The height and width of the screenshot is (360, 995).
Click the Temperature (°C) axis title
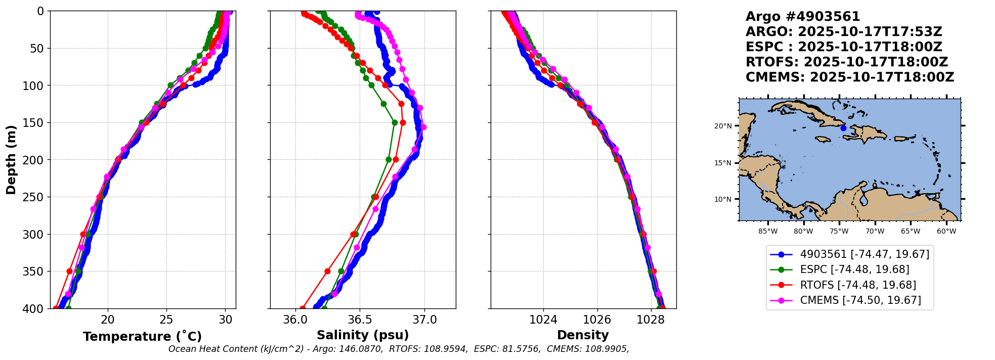[x=142, y=336]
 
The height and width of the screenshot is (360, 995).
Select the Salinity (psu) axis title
[x=363, y=335]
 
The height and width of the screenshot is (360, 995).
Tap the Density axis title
[x=583, y=335]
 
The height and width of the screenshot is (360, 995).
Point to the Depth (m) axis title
[x=11, y=159]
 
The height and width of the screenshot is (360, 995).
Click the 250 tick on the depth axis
[x=36, y=197]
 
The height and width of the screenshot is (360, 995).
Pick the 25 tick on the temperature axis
[x=166, y=320]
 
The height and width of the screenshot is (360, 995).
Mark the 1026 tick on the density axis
[x=597, y=320]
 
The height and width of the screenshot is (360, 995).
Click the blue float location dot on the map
[x=843, y=128]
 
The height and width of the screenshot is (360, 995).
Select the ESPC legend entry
[x=854, y=269]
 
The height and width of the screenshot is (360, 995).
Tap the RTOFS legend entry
[x=858, y=285]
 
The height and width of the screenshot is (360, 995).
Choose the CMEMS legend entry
[x=860, y=300]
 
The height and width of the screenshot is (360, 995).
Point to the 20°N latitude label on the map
[x=723, y=126]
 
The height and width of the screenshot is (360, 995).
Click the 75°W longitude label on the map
[x=839, y=231]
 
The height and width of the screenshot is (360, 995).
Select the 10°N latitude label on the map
[x=723, y=199]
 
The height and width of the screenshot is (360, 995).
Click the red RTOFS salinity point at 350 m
[x=327, y=272]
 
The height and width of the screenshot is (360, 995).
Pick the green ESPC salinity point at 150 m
[x=395, y=122]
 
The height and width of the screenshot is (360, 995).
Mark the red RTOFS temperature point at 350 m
[x=70, y=272]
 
